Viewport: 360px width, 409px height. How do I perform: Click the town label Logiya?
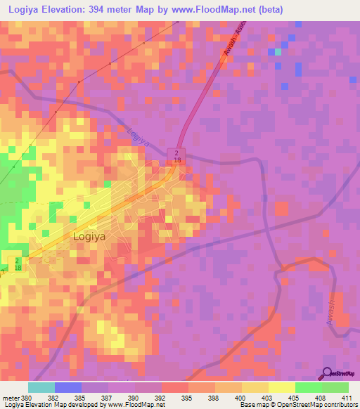(89, 237)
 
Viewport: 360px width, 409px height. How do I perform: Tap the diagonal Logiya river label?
(139, 136)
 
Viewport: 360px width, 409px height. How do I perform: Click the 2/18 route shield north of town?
(177, 157)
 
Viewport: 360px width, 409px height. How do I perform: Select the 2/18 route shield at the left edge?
(17, 264)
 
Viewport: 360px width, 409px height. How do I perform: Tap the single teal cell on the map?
(277, 51)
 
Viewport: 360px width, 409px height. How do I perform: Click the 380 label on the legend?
(26, 398)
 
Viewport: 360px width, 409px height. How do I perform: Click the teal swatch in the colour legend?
(41, 387)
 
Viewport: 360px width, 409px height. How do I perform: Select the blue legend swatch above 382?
(67, 387)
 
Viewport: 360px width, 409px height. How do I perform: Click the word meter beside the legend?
(10, 398)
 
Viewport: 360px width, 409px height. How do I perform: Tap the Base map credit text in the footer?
(255, 405)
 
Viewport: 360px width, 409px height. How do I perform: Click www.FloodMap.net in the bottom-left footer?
(140, 405)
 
